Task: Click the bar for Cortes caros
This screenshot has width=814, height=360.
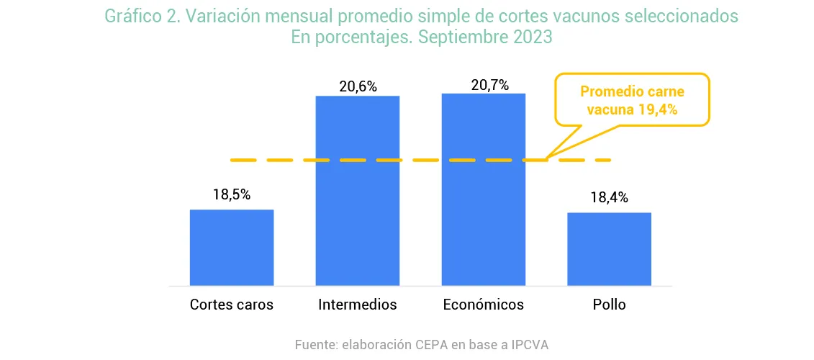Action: tap(232, 247)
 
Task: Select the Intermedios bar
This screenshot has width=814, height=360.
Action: tap(358, 191)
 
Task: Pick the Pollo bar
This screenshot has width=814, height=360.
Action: tap(609, 248)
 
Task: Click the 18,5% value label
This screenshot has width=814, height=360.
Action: tap(232, 194)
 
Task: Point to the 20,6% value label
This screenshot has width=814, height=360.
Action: tap(358, 86)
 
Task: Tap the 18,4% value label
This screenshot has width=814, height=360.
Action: tap(609, 197)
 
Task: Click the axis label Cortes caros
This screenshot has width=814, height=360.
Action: tap(232, 305)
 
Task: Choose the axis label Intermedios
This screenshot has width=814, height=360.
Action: tap(358, 305)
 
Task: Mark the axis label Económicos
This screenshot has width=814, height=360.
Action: tap(484, 305)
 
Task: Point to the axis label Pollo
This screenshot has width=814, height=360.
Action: tap(609, 305)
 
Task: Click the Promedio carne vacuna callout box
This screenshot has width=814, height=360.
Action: tap(632, 100)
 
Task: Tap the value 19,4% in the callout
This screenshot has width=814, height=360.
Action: tap(659, 109)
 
